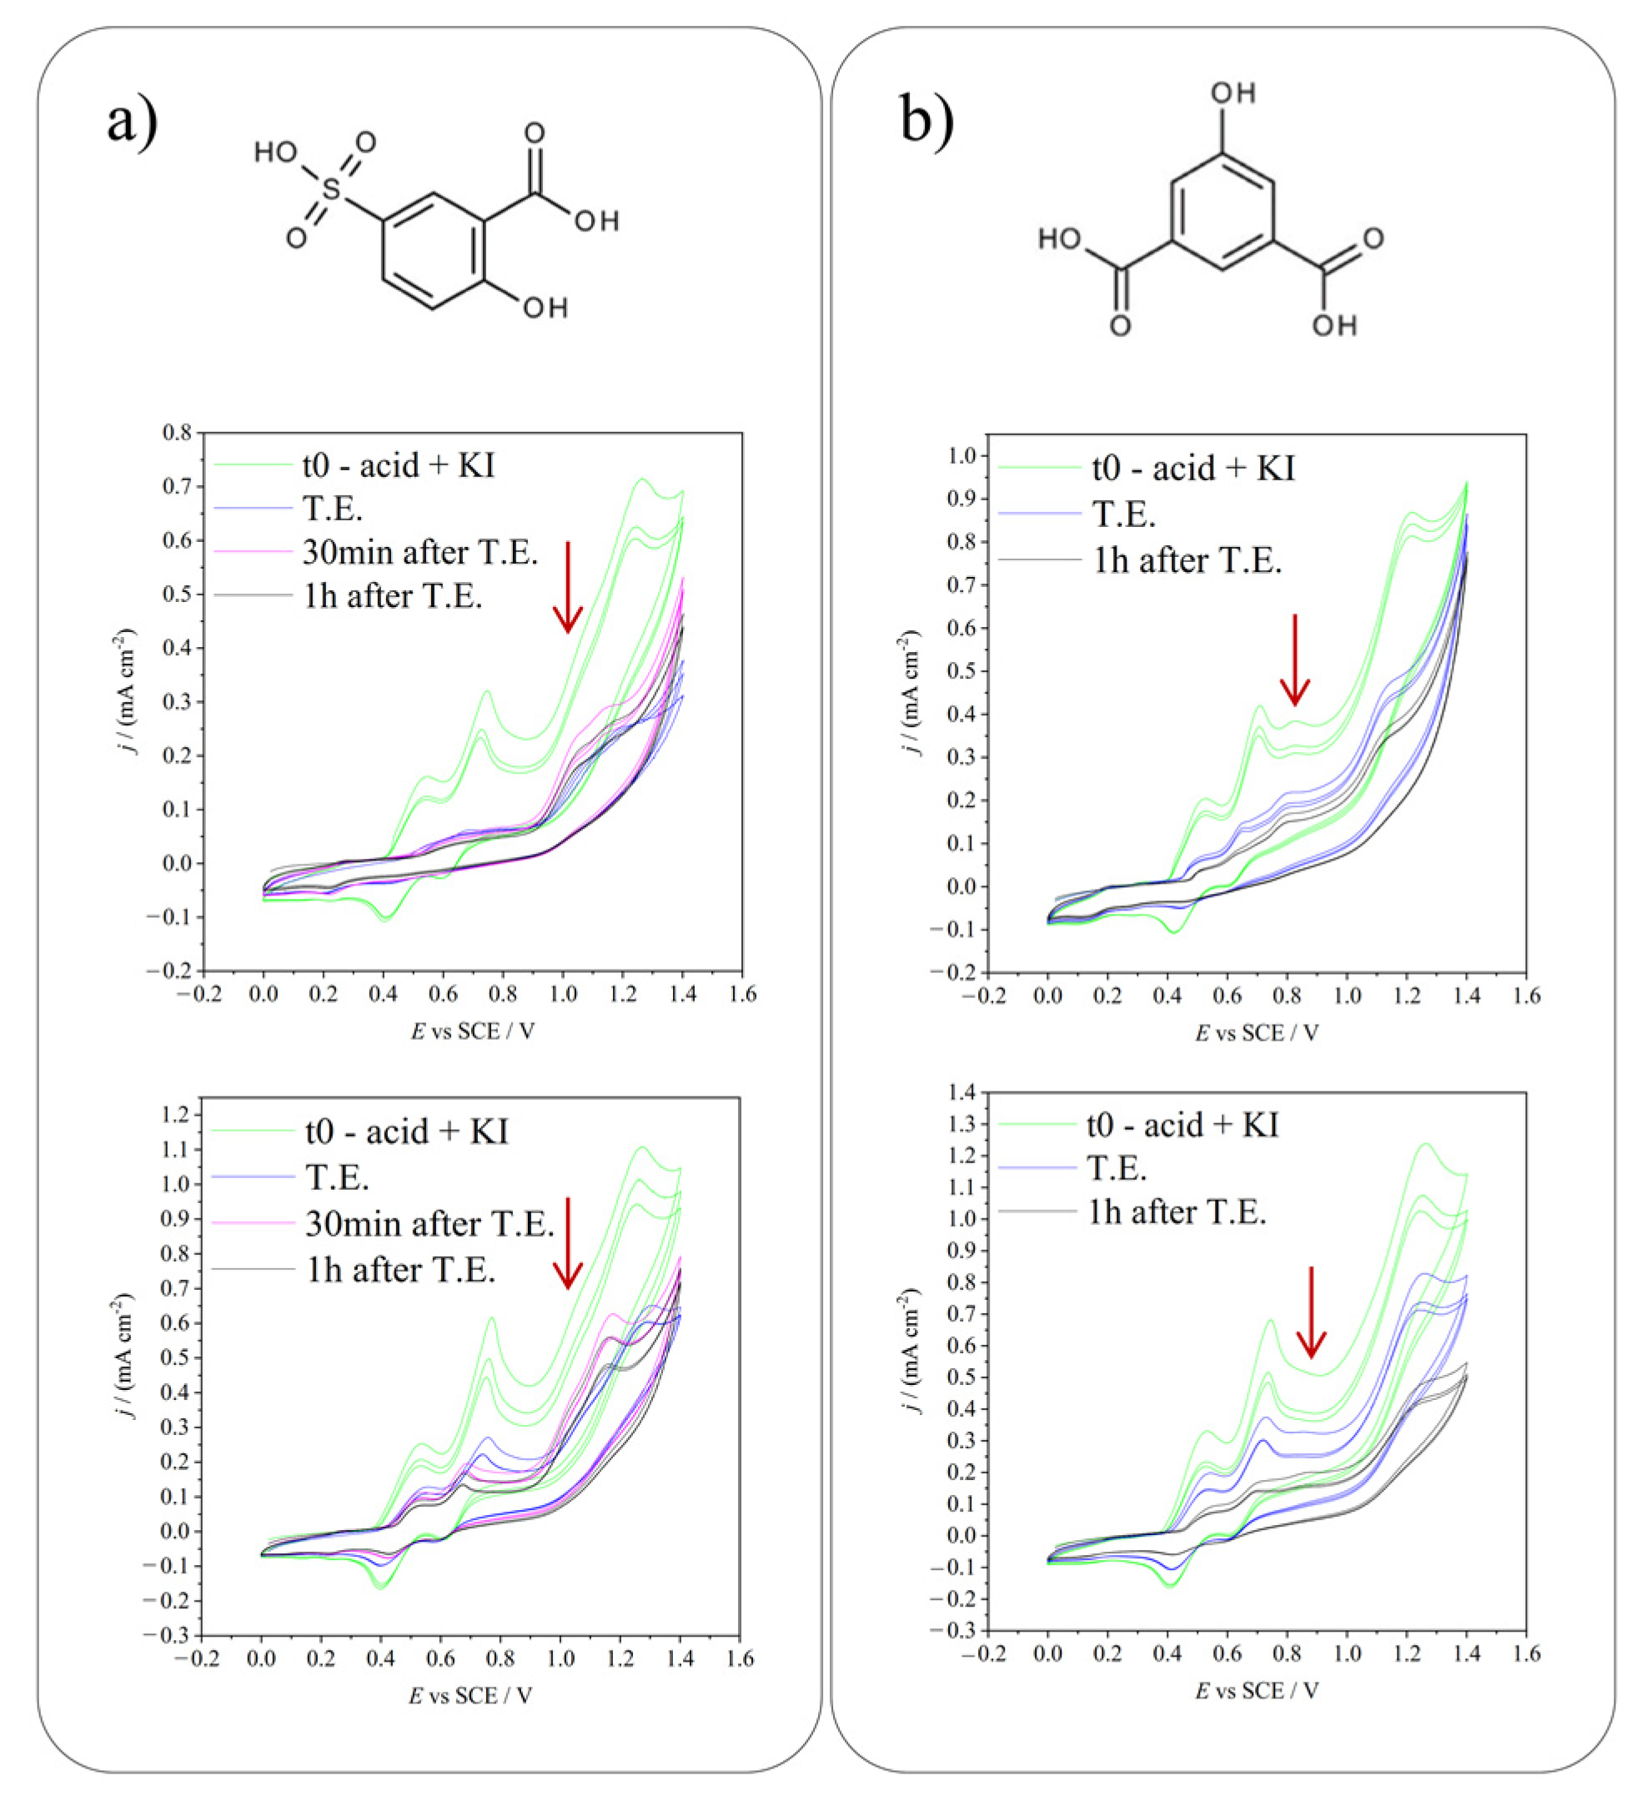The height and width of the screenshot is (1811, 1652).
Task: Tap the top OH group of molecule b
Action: (x=1233, y=93)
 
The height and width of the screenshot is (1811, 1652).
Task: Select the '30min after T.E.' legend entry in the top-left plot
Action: (x=420, y=553)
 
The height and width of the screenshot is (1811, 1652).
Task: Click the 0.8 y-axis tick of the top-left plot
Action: (x=177, y=432)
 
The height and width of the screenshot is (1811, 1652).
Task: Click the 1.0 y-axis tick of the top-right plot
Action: (x=962, y=455)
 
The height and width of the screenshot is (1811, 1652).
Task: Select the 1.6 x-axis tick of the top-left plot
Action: (x=742, y=995)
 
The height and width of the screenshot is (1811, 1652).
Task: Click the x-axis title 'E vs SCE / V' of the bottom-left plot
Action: (x=470, y=1696)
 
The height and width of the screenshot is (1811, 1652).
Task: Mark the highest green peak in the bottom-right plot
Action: (x=1426, y=1144)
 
